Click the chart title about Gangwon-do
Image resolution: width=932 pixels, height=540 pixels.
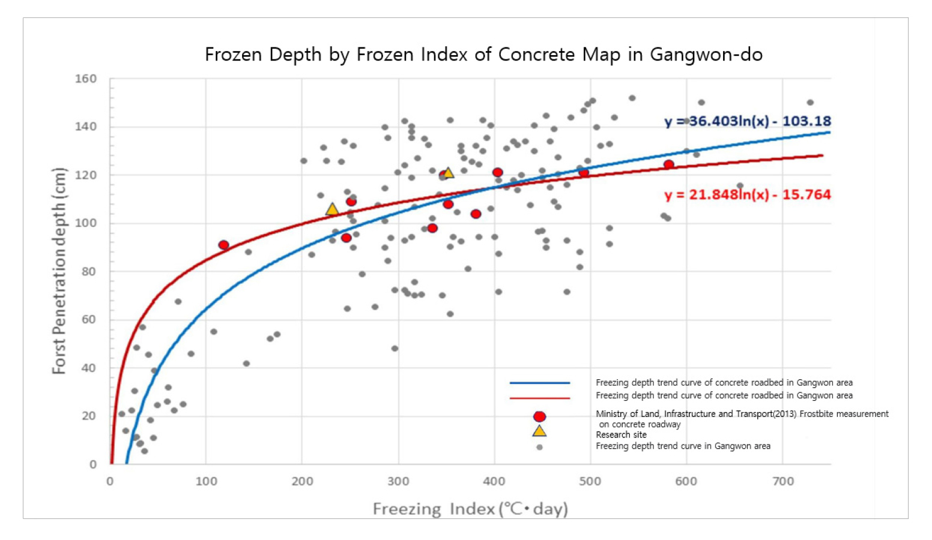click(483, 55)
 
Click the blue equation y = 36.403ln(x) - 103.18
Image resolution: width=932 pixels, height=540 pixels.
click(748, 121)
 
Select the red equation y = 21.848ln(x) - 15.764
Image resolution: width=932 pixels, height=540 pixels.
click(748, 195)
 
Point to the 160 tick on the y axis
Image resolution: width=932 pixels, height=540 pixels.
click(86, 79)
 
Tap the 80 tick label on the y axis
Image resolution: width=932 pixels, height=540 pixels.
click(89, 271)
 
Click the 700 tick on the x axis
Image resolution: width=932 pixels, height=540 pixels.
click(782, 481)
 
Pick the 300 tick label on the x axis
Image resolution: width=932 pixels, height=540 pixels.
click(398, 481)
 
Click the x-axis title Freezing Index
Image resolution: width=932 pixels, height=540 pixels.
click(470, 509)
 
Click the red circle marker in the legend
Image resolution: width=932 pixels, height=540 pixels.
click(539, 416)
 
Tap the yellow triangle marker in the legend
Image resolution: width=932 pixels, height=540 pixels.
click(539, 431)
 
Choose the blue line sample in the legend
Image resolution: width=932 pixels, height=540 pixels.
click(539, 383)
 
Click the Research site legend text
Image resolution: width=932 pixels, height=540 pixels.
click(621, 435)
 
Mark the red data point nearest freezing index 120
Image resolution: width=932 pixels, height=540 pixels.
click(223, 245)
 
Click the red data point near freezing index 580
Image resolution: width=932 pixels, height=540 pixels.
click(668, 164)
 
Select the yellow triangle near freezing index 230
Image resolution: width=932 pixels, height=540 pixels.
click(332, 209)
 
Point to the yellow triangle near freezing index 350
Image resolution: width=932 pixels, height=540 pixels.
click(448, 173)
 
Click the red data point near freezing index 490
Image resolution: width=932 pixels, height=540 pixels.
click(583, 173)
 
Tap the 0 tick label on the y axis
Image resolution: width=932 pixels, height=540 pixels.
click(93, 464)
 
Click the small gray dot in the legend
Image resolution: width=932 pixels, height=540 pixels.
click(539, 447)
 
